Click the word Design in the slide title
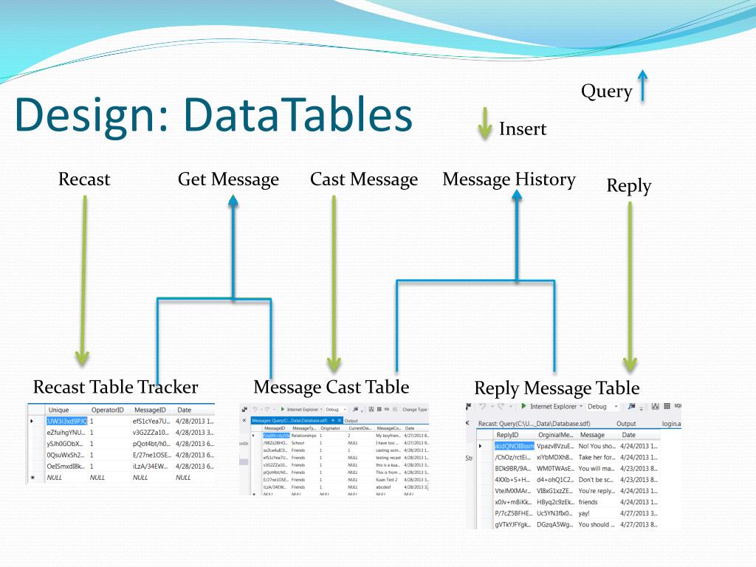click(x=89, y=117)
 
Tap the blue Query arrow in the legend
click(x=642, y=85)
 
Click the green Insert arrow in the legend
click(x=484, y=123)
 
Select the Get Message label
click(x=228, y=179)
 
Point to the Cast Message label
click(x=363, y=179)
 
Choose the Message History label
click(x=509, y=179)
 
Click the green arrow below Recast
click(x=83, y=281)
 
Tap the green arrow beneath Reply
click(x=630, y=288)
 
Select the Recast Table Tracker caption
click(x=115, y=387)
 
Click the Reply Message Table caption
click(x=557, y=388)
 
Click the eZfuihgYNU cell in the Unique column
click(x=66, y=432)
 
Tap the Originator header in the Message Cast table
click(x=330, y=428)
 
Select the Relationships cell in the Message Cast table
click(x=304, y=436)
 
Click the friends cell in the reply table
click(x=588, y=501)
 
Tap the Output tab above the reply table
click(x=625, y=424)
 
